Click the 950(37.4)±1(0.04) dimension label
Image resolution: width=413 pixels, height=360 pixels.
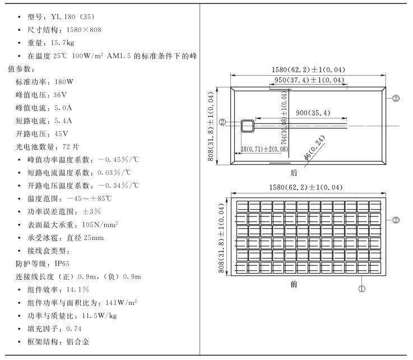(x=305, y=81)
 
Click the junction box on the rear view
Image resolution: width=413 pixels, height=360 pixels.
(x=248, y=126)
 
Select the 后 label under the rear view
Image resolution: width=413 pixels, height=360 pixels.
(x=294, y=173)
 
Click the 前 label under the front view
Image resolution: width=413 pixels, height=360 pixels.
(x=294, y=284)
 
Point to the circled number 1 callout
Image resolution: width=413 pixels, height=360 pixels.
(x=361, y=289)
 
